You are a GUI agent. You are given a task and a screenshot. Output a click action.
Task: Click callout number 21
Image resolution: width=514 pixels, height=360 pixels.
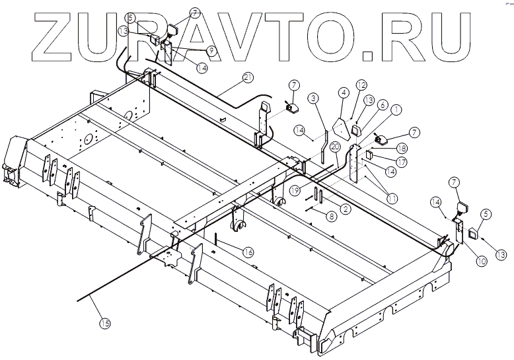pyautogui.click(x=248, y=77)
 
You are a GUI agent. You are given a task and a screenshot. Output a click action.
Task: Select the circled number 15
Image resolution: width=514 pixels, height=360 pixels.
pyautogui.click(x=105, y=323)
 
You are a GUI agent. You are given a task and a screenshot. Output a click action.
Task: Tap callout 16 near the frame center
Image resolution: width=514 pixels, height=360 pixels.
pyautogui.click(x=314, y=98)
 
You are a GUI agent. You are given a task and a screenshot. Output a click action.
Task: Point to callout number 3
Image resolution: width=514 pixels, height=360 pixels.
pyautogui.click(x=344, y=94)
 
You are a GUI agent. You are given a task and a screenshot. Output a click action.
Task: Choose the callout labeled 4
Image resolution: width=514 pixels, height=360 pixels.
pyautogui.click(x=361, y=85)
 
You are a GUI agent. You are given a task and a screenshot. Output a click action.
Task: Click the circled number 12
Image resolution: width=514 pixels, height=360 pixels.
pyautogui.click(x=381, y=104)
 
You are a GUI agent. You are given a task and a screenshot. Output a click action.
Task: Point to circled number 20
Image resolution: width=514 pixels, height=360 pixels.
pyautogui.click(x=336, y=146)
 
